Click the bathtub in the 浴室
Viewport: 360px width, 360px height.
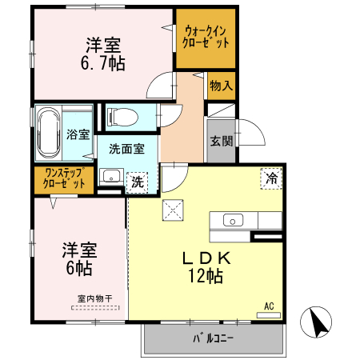coord(48,133)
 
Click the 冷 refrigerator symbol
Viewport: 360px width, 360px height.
coord(272,179)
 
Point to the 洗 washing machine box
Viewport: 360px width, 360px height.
coord(138,182)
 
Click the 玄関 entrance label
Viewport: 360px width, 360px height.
coord(222,142)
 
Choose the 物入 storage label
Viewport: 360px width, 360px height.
coord(221,86)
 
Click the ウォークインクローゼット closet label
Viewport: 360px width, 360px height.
coord(206,38)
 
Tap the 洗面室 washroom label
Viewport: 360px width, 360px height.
coord(126,148)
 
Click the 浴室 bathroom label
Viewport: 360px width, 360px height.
coord(78,134)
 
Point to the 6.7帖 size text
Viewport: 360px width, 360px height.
coord(104,63)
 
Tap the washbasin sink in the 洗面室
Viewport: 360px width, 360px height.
coord(111,177)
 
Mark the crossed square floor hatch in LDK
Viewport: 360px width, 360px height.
coord(174,210)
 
